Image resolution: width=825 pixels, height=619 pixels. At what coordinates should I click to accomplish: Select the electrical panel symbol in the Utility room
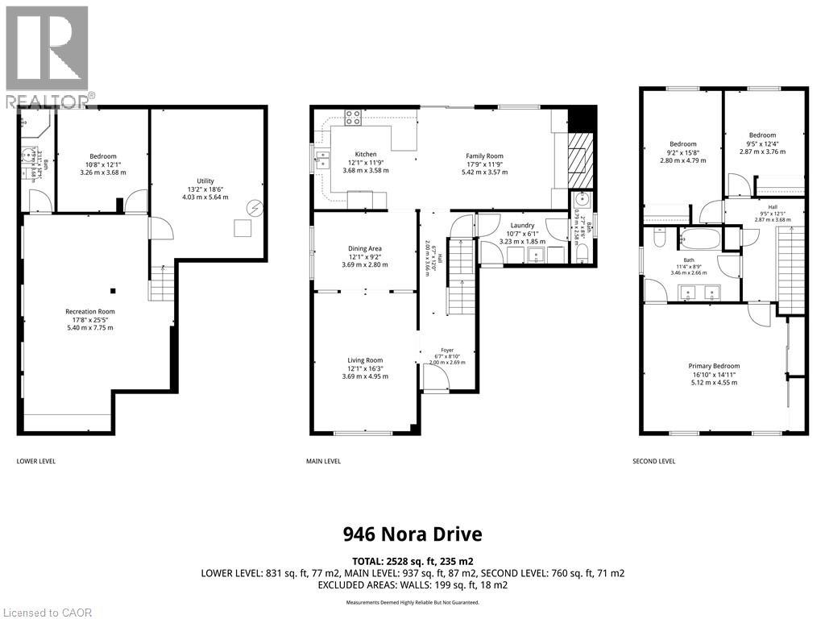click(x=255, y=206)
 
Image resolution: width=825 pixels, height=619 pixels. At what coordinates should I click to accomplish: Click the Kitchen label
click(x=366, y=154)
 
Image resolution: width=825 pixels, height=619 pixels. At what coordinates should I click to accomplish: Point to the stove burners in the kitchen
click(x=353, y=118)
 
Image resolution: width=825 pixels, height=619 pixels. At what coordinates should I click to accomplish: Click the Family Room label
click(x=484, y=156)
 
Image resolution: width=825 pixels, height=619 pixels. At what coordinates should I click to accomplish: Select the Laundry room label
click(x=522, y=226)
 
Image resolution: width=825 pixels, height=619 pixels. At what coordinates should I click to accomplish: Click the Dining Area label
click(x=365, y=248)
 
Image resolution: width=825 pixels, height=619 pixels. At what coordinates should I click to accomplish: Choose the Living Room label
click(x=365, y=360)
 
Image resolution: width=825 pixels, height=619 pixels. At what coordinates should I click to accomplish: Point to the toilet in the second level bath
click(x=659, y=239)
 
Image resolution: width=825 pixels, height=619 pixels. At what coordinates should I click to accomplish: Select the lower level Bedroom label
click(x=102, y=156)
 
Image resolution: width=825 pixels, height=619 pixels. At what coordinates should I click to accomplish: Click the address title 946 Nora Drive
click(x=412, y=534)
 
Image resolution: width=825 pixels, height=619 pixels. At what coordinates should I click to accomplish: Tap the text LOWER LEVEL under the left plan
click(x=36, y=462)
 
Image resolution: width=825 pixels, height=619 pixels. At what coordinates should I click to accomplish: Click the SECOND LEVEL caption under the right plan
click(x=655, y=462)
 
